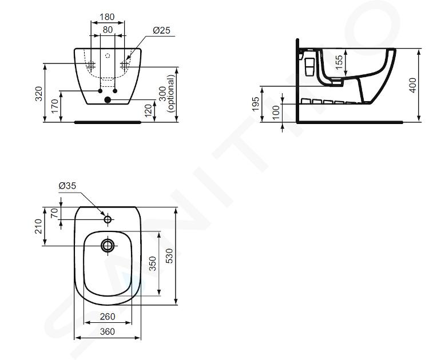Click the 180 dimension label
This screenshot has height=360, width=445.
coord(108,17)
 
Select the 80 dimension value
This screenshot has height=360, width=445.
coord(108,30)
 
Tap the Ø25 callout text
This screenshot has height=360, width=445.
coord(161,30)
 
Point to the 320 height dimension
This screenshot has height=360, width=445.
coord(38,94)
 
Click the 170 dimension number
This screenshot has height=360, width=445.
coord(55,106)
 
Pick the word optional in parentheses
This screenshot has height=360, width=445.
coord(171,94)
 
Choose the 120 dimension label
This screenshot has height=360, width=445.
coord(148,110)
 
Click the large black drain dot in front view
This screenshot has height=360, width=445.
coord(108,99)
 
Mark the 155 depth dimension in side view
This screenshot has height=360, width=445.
coord(339,62)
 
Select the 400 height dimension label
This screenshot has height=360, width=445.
coord(413,85)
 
